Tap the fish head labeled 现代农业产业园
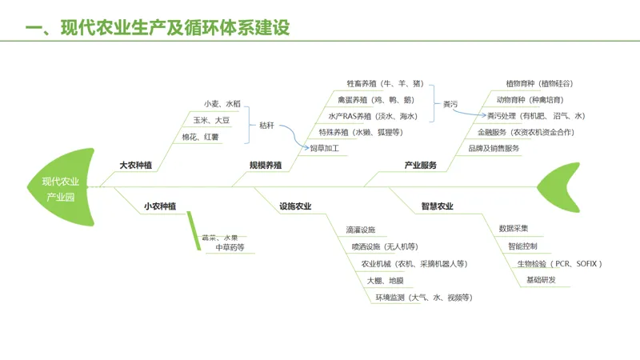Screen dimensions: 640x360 [x=61, y=188]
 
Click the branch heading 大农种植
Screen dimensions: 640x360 [x=135, y=166]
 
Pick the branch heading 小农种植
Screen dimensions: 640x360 [x=160, y=206]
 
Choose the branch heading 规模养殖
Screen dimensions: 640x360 [x=266, y=166]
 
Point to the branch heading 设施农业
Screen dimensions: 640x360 [x=295, y=206]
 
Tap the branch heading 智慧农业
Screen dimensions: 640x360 [x=437, y=206]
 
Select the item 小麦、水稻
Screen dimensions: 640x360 [x=222, y=104]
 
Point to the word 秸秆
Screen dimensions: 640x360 [x=267, y=125]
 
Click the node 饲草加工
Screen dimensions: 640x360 [x=325, y=148]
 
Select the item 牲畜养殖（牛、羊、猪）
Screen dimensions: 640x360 [x=385, y=83]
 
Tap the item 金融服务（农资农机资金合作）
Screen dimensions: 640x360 [x=526, y=132]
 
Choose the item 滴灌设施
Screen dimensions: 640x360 [x=360, y=230]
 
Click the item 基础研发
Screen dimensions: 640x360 [x=541, y=280]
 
